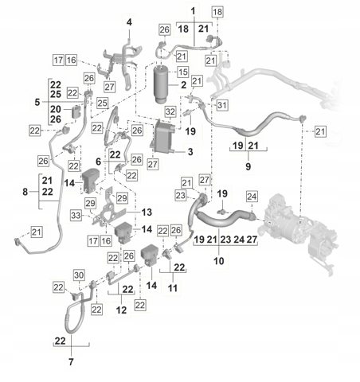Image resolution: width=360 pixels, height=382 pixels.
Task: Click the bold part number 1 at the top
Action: [193, 11]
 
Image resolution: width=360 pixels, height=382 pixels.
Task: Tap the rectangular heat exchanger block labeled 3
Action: [164, 138]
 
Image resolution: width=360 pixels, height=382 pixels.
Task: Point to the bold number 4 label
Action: [129, 22]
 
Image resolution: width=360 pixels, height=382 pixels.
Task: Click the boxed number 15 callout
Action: [182, 72]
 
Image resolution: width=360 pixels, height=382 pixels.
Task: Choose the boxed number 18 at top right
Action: [217, 12]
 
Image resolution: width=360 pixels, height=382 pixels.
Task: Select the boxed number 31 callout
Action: [222, 105]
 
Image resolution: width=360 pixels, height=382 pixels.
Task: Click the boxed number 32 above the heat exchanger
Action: [170, 112]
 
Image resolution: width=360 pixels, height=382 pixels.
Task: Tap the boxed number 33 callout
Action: [76, 215]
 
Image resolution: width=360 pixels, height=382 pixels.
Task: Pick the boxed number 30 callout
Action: [79, 275]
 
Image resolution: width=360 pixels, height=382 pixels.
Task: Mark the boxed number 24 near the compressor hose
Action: [252, 197]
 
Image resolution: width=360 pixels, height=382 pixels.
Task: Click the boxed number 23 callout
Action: [181, 196]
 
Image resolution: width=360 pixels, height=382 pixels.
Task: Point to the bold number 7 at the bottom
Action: [71, 361]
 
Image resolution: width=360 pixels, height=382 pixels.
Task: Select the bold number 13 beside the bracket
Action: [147, 212]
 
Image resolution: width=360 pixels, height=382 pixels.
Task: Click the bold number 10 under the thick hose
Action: [219, 261]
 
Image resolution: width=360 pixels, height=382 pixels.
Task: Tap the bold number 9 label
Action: [248, 166]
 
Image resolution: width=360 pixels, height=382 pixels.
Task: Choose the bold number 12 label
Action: [121, 310]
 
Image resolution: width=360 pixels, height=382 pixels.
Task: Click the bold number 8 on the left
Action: [25, 192]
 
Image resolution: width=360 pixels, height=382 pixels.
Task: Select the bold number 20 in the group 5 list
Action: [56, 109]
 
